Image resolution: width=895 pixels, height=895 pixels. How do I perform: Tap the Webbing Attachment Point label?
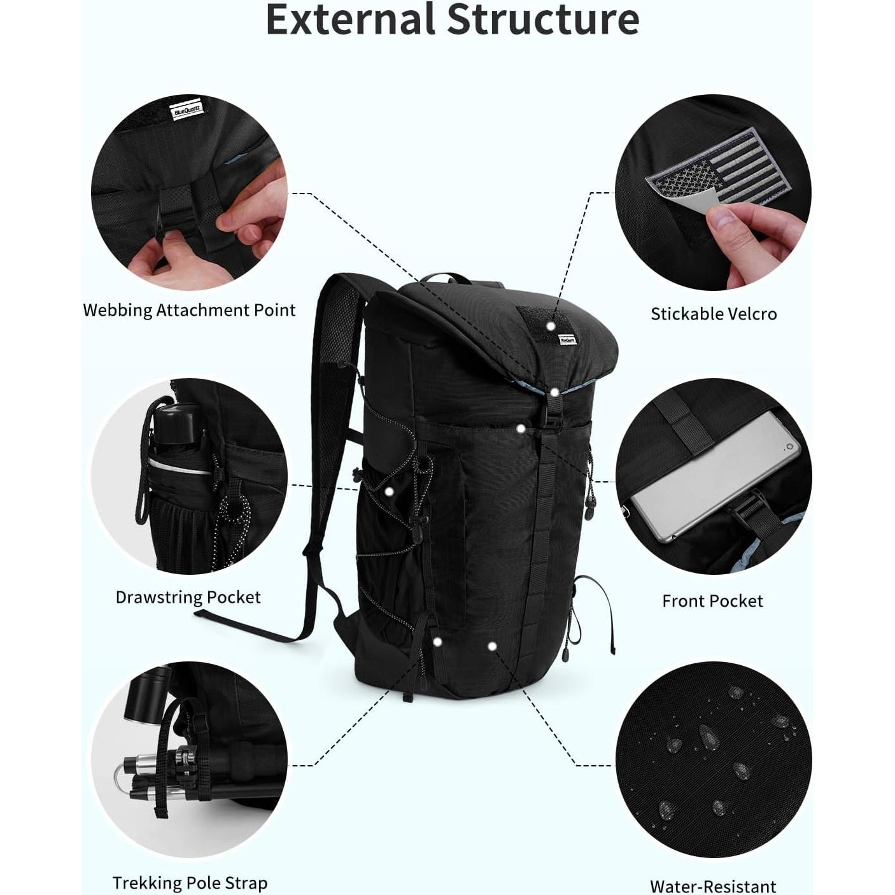click(x=189, y=310)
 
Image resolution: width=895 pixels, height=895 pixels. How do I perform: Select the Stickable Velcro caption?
click(x=714, y=314)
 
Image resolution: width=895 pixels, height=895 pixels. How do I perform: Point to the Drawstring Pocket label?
click(x=188, y=597)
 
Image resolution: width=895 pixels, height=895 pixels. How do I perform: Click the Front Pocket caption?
click(x=712, y=601)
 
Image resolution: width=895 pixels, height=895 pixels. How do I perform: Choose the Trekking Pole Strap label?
click(x=190, y=883)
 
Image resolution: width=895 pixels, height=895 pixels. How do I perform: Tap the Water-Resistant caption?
click(x=713, y=886)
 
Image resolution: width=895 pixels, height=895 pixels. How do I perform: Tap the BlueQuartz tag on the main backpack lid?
click(x=567, y=340)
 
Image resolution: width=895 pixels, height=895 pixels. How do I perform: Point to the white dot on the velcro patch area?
click(x=550, y=326)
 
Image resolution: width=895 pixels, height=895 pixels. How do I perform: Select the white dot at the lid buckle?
click(x=555, y=392)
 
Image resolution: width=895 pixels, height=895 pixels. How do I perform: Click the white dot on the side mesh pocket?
click(x=388, y=491)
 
